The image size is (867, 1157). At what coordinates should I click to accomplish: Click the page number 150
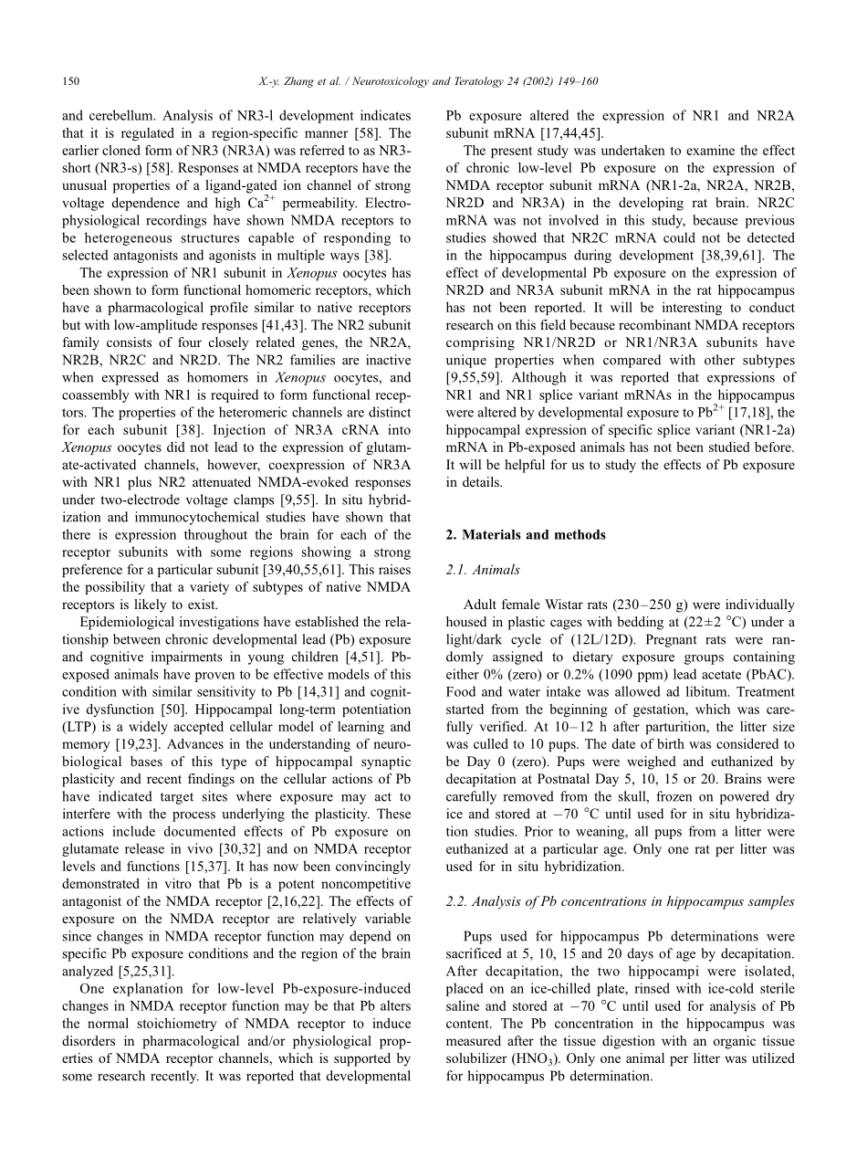[x=71, y=82]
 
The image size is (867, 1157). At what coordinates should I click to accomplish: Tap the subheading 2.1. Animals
[x=483, y=570]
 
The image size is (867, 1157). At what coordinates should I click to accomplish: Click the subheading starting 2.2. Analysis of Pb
[x=620, y=901]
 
